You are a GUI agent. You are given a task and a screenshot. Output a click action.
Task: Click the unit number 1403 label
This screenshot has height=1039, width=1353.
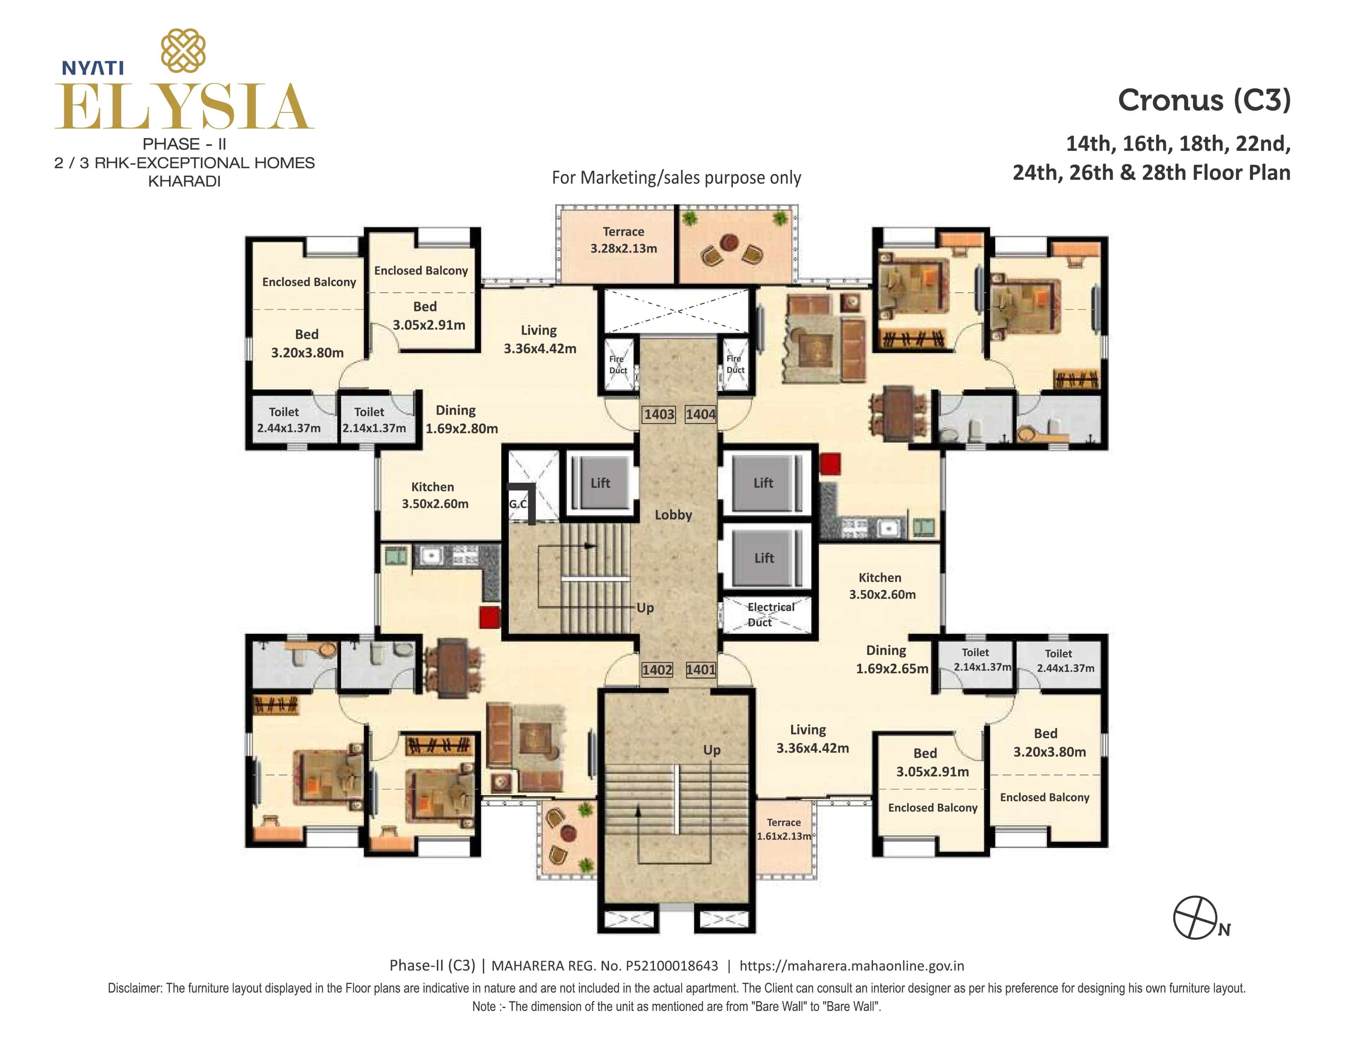659,414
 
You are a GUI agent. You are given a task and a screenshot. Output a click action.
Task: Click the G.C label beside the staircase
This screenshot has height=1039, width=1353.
518,504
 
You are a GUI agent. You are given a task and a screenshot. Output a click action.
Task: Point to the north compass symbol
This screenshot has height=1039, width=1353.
1195,917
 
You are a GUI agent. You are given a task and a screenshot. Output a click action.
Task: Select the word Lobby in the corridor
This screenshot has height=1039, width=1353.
673,514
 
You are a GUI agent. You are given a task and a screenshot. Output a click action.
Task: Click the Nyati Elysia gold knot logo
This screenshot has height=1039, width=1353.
183,51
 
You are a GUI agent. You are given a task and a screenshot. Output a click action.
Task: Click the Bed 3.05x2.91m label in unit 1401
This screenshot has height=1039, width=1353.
932,762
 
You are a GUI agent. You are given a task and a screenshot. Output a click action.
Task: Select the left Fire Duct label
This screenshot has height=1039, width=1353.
617,364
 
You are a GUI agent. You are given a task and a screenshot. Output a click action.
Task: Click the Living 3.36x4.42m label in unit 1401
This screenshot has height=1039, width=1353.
811,739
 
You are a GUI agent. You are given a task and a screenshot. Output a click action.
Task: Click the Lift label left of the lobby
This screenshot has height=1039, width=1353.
600,483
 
